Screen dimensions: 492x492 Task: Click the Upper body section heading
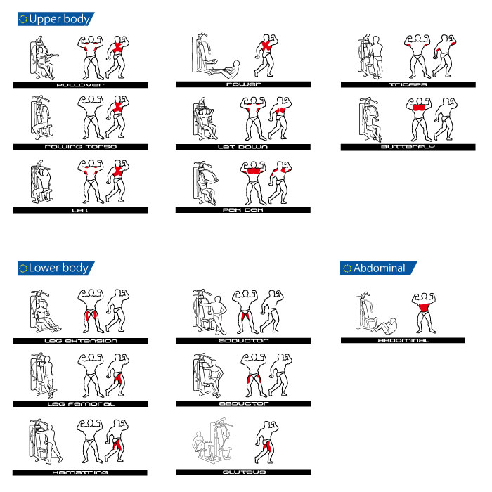[x=59, y=19]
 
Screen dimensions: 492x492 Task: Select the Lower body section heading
[x=58, y=268]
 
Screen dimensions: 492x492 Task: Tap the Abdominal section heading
[x=380, y=268]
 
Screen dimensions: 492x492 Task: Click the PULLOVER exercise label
[x=80, y=85]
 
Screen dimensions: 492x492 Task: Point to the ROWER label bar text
[x=243, y=84]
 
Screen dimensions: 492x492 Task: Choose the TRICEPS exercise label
[x=408, y=84]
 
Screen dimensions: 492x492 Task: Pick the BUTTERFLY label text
[x=408, y=147]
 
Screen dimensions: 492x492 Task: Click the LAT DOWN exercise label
[x=243, y=147]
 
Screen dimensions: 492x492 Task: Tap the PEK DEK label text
[x=243, y=210]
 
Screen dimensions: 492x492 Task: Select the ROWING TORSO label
[x=81, y=147]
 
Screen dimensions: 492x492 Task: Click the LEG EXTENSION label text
[x=81, y=341]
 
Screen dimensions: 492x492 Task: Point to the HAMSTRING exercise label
[x=80, y=472]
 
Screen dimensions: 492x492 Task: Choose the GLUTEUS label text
[x=244, y=472]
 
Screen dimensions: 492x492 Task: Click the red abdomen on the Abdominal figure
[x=424, y=308]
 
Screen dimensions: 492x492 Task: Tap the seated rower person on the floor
[x=226, y=70]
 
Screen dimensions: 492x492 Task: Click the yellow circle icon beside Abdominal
[x=347, y=268]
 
